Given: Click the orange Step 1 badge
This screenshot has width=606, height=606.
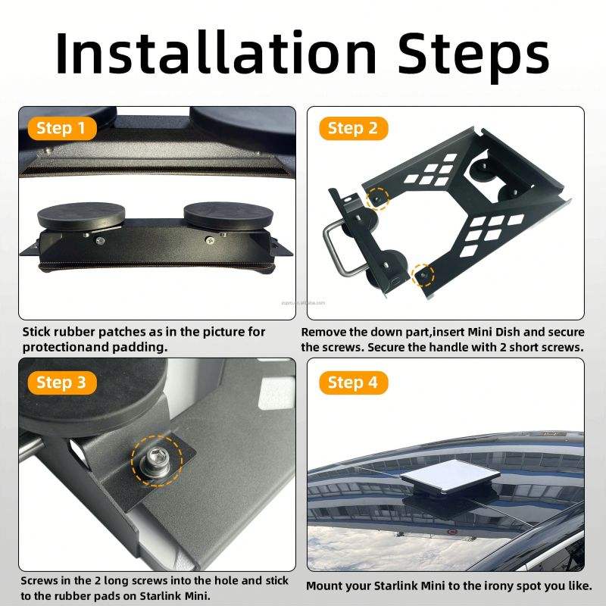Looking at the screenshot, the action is [62, 128].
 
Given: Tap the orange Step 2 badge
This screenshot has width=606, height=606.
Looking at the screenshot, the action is [353, 128].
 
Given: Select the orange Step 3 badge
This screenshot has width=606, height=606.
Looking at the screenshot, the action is [62, 383].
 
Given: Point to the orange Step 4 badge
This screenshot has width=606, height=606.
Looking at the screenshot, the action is [353, 383].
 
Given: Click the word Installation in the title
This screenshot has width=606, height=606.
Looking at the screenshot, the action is [217, 53].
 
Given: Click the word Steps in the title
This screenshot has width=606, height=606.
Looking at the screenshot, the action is [474, 57].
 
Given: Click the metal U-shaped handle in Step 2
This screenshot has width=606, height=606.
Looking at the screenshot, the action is [337, 248].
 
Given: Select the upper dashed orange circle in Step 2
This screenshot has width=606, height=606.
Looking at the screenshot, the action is [377, 198].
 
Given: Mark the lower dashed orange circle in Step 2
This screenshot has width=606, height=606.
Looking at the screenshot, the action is [423, 275].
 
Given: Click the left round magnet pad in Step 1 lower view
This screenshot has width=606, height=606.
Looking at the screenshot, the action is [81, 215].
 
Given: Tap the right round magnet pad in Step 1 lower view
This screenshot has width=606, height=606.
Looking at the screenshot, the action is [228, 214].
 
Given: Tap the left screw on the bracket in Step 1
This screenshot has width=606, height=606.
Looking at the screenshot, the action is [100, 241].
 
